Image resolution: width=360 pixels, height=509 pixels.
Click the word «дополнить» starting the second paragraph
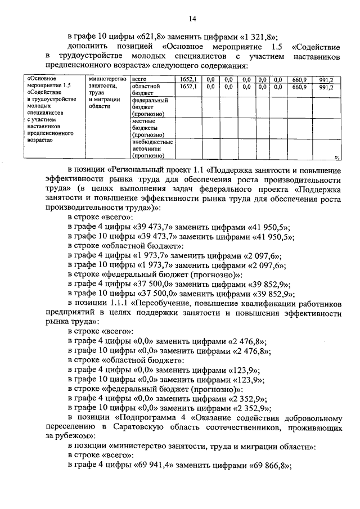[88, 45]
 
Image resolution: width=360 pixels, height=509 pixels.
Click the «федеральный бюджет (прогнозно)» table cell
[150, 106]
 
